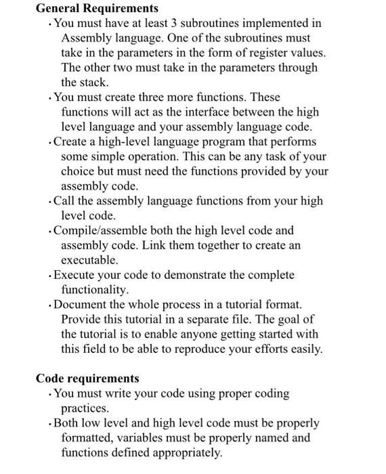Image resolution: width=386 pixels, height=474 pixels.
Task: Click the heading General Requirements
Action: [97, 9]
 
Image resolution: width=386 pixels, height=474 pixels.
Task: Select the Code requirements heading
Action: [87, 379]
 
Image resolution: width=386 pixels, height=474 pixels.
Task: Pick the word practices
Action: [85, 408]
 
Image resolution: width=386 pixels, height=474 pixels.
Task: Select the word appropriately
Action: [181, 453]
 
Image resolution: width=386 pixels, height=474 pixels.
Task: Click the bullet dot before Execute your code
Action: [49, 276]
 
